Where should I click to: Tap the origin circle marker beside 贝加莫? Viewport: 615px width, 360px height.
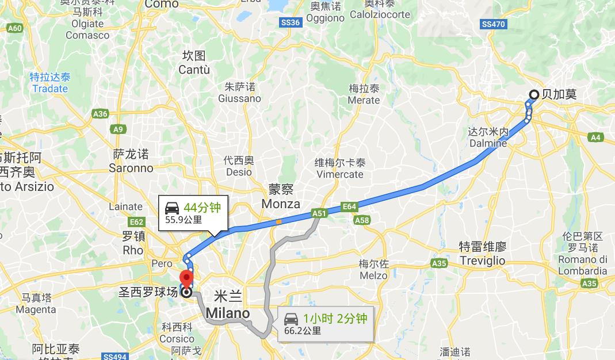click(533, 95)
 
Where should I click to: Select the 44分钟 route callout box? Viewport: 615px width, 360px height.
click(193, 212)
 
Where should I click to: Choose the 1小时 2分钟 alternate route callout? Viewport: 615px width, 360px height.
click(326, 324)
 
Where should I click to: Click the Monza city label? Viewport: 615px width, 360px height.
click(281, 204)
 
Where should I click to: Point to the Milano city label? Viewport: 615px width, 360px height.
click(228, 313)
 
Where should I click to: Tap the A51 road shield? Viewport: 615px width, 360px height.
click(319, 213)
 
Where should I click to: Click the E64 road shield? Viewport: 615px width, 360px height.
click(349, 206)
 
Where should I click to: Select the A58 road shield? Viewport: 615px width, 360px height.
click(362, 220)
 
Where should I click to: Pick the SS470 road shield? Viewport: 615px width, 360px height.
click(494, 24)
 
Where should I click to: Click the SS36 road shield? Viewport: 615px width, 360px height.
click(291, 22)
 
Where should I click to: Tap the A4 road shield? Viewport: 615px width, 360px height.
click(595, 137)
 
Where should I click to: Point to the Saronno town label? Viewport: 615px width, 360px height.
click(131, 168)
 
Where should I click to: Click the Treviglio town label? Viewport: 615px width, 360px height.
click(482, 261)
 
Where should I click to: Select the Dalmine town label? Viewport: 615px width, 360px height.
click(488, 143)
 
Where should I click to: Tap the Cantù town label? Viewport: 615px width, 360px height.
click(194, 70)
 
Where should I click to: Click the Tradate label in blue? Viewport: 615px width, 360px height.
click(50, 89)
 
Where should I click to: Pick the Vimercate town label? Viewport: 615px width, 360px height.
click(340, 174)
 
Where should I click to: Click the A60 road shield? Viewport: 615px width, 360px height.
click(16, 28)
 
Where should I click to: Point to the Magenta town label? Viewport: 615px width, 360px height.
click(36, 310)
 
